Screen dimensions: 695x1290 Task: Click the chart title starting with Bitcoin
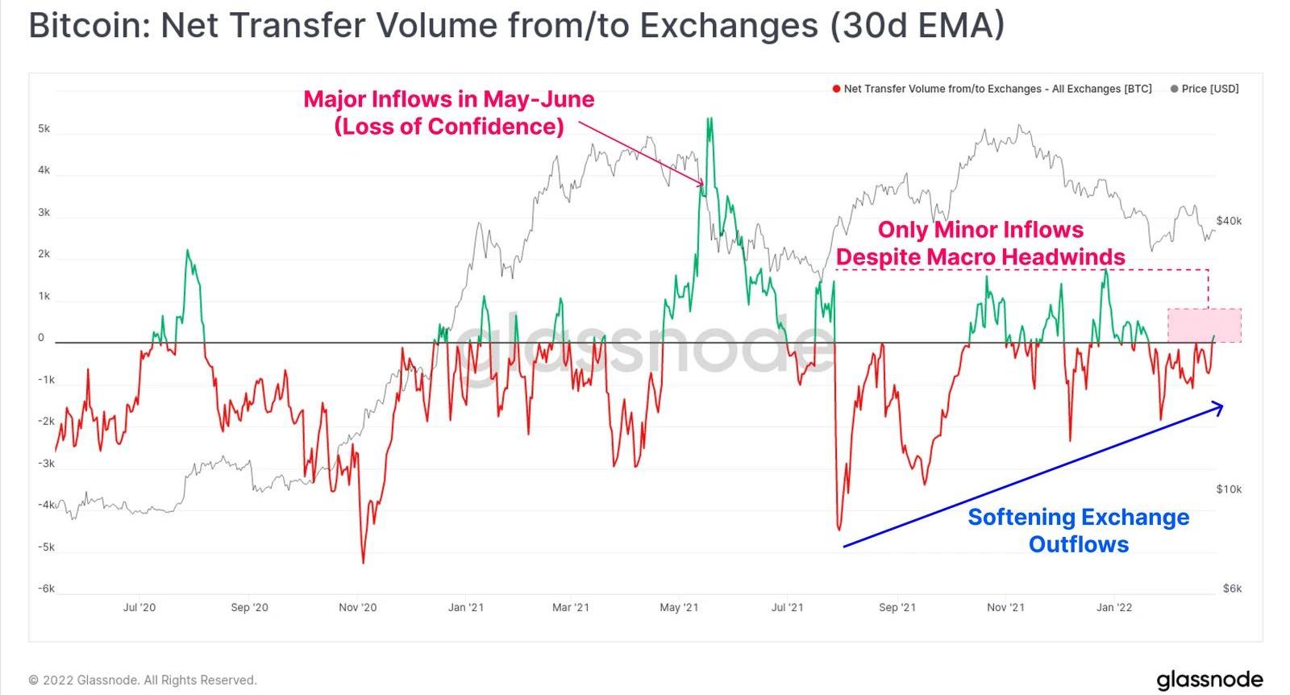516,26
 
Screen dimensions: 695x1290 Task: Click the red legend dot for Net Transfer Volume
836,89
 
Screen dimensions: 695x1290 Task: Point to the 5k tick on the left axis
44,129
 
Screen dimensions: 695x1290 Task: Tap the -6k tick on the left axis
46,589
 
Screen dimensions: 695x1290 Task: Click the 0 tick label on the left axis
41,338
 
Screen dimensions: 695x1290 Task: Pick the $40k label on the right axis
1229,221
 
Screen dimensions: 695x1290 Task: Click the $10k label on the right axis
1229,489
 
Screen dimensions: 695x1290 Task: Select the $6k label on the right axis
1232,589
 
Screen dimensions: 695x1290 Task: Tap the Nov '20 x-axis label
357,607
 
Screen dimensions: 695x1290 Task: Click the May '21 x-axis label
679,607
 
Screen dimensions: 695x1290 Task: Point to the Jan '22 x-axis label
1114,607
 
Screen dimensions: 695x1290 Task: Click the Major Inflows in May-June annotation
449,113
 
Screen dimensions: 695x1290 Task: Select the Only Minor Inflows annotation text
980,243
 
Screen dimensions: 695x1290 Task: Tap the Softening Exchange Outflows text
1079,530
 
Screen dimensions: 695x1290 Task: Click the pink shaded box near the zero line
1205,325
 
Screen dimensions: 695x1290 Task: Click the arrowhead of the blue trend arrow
1220,407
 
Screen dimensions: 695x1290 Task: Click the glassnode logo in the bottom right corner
1209,680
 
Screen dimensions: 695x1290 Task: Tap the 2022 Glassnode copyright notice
143,680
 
